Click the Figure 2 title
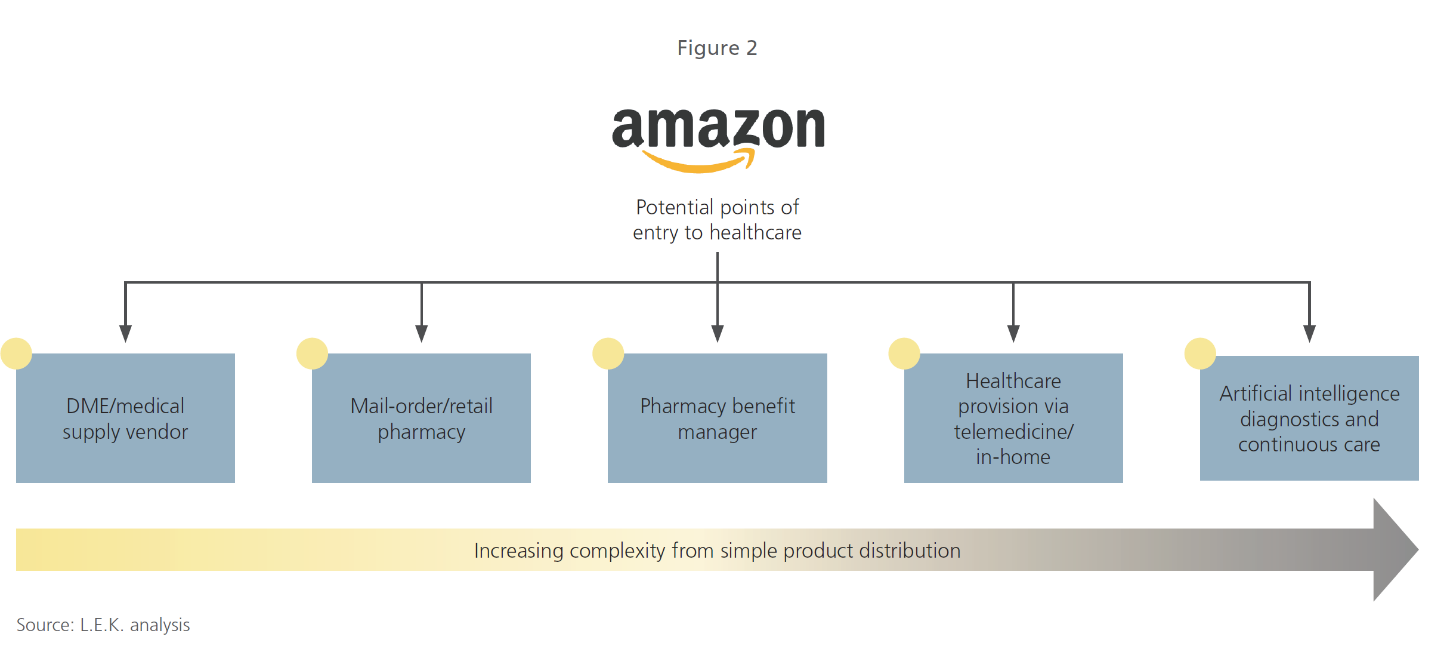[717, 48]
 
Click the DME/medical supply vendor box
[125, 418]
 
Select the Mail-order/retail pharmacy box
[421, 418]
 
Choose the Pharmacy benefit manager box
[717, 418]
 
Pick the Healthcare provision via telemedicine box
[1013, 418]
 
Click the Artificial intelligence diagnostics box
[1309, 418]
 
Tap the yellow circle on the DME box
[16, 353]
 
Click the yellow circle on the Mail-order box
[312, 353]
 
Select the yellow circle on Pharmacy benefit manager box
[608, 353]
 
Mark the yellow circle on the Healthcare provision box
[904, 353]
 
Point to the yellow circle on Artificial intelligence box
[1200, 353]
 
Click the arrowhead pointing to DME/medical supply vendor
[125, 333]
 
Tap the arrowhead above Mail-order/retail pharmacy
[421, 333]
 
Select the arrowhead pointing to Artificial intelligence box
[1309, 333]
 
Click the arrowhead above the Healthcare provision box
[1013, 333]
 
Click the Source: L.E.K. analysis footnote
[103, 625]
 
